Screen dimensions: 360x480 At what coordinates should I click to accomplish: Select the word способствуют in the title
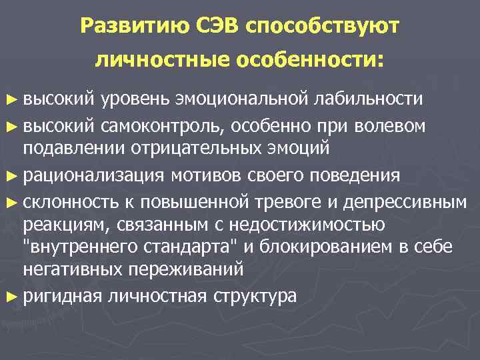click(x=323, y=27)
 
